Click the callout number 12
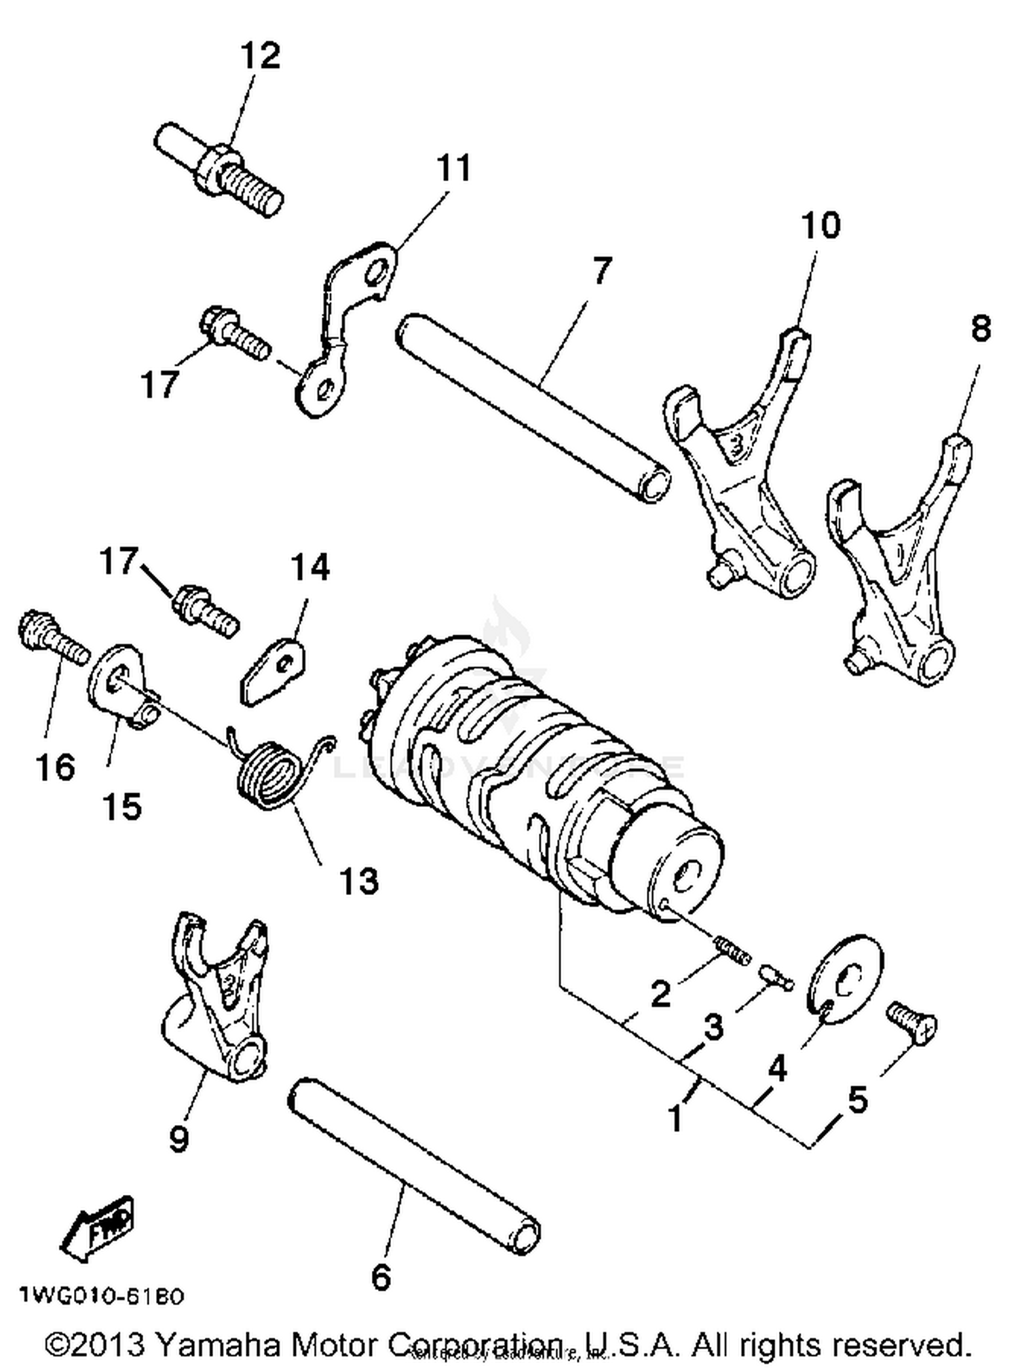[260, 56]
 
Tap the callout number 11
[453, 168]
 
